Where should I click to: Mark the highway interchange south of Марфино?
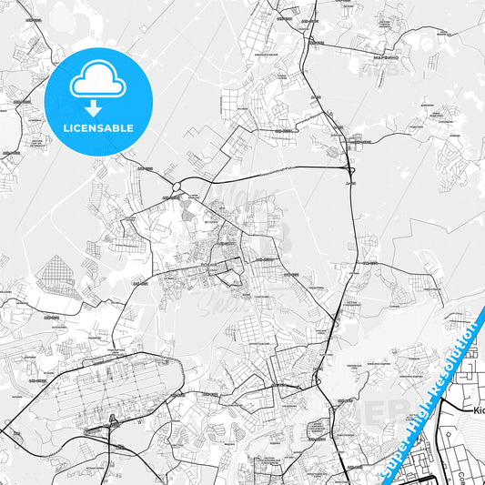pyautogui.click(x=350, y=168)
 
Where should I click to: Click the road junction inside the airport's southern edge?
pyautogui.click(x=111, y=421)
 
